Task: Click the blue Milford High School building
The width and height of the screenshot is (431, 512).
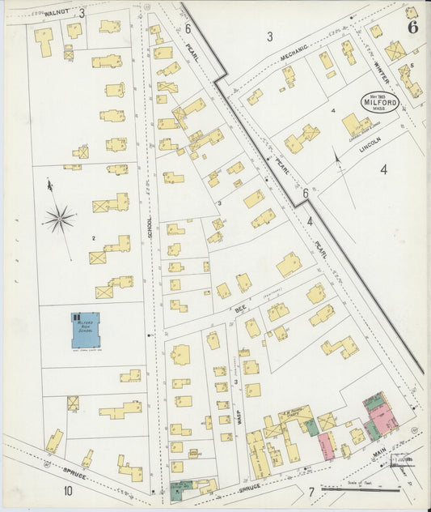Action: tap(85, 330)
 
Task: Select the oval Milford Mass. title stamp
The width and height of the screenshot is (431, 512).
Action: tap(379, 102)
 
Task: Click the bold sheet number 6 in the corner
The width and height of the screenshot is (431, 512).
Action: tap(412, 26)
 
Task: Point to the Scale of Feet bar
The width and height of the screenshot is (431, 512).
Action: tap(360, 489)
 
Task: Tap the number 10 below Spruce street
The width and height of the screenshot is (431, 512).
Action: tap(68, 491)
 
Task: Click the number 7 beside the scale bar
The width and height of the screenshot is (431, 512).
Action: tap(311, 492)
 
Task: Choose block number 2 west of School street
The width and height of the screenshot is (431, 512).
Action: tap(94, 238)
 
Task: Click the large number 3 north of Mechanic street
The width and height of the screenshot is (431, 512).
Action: tap(270, 36)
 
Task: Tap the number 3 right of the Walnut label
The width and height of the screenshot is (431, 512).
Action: tap(82, 13)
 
